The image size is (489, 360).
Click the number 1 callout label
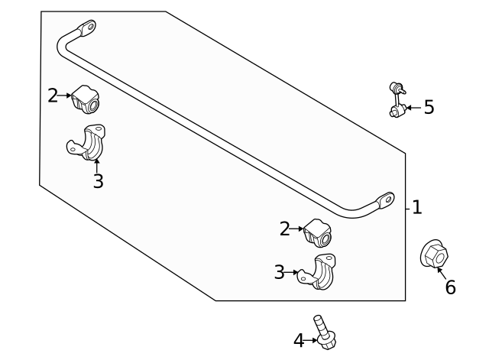point(417,207)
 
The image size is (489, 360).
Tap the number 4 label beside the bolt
point(299,340)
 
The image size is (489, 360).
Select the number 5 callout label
point(429,107)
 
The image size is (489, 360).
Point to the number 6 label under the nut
point(450,287)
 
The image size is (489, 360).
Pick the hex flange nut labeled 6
point(433,254)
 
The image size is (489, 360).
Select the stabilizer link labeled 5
point(395,100)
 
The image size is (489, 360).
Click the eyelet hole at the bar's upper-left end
point(89,28)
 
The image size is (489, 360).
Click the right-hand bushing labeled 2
point(319,233)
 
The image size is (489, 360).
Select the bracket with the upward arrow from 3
point(89,143)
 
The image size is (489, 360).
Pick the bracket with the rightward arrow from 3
point(320,275)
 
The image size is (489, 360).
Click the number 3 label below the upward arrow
point(98,182)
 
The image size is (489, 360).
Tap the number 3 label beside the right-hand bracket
point(280,271)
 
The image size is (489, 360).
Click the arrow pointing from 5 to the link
point(412,108)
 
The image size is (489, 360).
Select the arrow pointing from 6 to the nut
point(442,272)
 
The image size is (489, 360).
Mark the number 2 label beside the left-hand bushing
point(53,96)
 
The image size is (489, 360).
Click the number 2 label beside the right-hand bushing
point(285,229)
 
